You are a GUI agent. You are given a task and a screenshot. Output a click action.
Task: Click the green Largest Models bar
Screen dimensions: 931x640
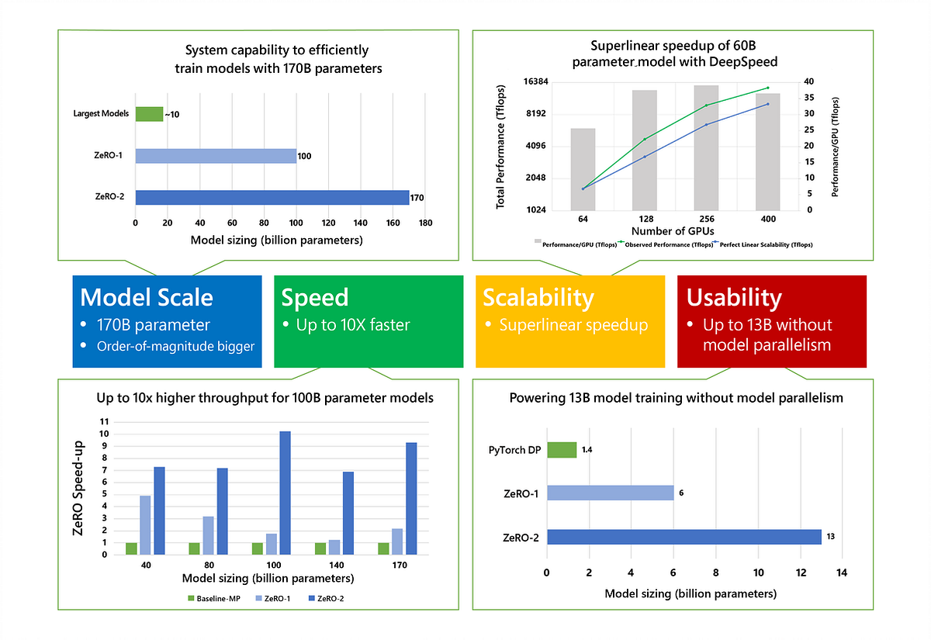(x=149, y=114)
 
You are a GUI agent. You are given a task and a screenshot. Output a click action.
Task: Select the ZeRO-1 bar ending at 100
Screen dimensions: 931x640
(x=216, y=156)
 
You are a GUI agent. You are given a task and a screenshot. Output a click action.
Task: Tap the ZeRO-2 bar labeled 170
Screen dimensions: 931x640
(x=272, y=197)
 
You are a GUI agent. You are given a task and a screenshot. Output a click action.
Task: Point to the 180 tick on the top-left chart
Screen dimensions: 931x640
(x=425, y=223)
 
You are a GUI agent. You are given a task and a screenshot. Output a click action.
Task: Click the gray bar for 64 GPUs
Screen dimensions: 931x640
(x=583, y=170)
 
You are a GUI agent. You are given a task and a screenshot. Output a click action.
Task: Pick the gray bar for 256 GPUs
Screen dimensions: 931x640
(x=706, y=148)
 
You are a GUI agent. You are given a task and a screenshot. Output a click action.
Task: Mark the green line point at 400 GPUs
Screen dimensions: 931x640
(x=767, y=88)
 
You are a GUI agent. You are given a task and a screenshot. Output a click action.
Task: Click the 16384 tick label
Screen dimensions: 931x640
(x=535, y=81)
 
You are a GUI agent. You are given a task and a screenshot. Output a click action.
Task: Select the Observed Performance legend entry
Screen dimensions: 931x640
(x=666, y=244)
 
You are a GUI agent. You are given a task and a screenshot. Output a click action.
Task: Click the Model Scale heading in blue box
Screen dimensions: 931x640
(x=147, y=297)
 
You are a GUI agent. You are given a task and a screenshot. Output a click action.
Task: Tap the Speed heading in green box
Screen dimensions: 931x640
(x=315, y=297)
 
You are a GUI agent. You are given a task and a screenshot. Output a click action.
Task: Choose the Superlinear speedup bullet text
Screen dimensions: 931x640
(x=573, y=325)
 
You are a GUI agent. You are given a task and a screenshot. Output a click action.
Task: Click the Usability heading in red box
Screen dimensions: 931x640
(x=734, y=298)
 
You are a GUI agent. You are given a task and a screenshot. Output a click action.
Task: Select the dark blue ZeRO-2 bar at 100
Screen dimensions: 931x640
(x=286, y=493)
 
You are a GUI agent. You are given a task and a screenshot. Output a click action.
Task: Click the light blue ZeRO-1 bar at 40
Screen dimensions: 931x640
(x=145, y=525)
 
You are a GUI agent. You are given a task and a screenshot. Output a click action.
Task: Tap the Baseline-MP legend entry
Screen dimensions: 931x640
(x=214, y=598)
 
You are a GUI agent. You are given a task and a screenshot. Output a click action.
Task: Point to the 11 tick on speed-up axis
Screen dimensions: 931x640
(x=104, y=422)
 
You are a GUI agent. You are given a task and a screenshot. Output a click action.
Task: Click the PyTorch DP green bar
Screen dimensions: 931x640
(x=562, y=450)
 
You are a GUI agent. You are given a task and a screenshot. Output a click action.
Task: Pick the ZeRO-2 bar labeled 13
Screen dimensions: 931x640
(x=684, y=537)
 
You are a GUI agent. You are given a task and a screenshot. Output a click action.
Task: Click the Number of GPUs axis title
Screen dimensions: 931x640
(x=673, y=231)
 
